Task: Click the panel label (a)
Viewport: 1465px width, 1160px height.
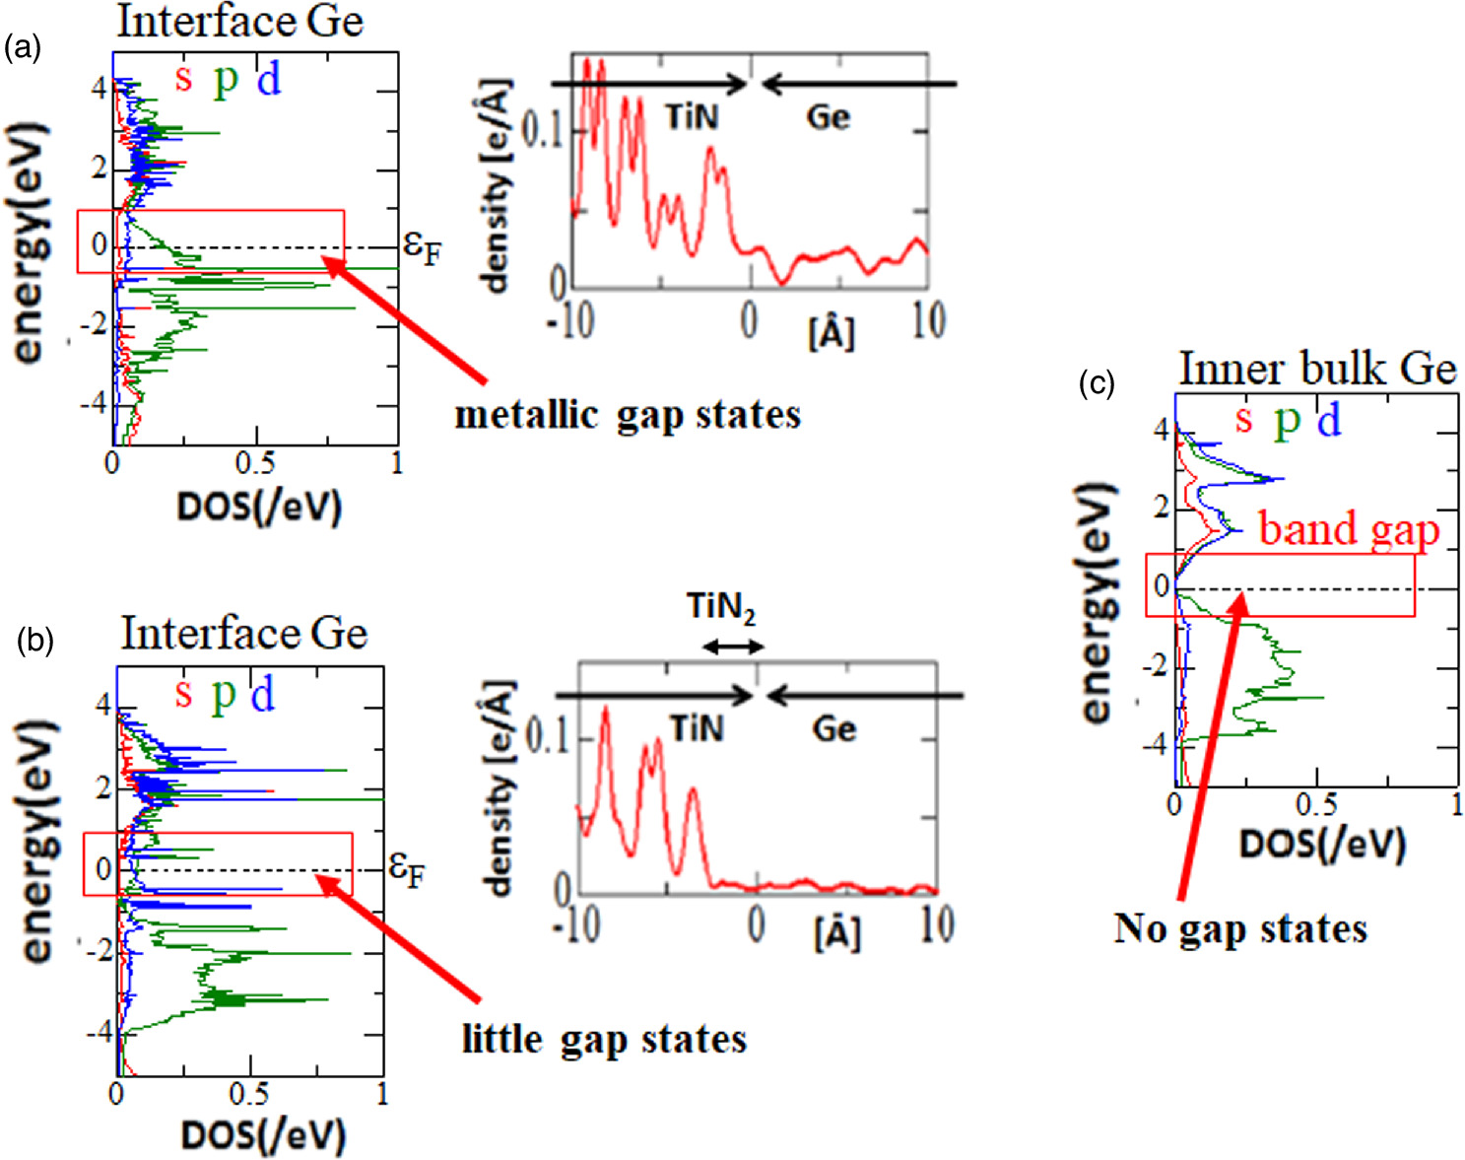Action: tap(23, 47)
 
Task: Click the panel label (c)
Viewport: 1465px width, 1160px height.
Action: tap(1097, 383)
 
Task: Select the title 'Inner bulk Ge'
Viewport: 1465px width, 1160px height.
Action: tap(1317, 370)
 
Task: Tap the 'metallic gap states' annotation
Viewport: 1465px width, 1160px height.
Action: tap(628, 415)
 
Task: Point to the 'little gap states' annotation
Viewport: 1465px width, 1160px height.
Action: tap(604, 1039)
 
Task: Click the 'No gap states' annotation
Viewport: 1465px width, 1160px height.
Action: tap(1240, 928)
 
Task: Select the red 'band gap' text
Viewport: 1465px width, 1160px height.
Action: tap(1349, 529)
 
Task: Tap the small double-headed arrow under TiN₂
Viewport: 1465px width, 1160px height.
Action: tap(731, 647)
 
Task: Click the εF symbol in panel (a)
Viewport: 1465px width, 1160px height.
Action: tap(423, 247)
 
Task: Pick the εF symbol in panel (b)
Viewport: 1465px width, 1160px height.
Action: tap(407, 868)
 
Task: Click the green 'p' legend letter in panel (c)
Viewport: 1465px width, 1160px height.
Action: tap(1287, 421)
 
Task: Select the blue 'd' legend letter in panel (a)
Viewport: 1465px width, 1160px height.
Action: tap(269, 79)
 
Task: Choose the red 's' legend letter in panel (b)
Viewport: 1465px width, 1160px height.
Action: tap(182, 694)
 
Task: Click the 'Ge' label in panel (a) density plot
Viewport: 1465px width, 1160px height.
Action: tap(828, 117)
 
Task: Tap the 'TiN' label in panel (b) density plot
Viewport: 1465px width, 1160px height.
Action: tap(697, 729)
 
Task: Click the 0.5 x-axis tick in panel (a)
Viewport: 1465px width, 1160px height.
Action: tap(256, 463)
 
